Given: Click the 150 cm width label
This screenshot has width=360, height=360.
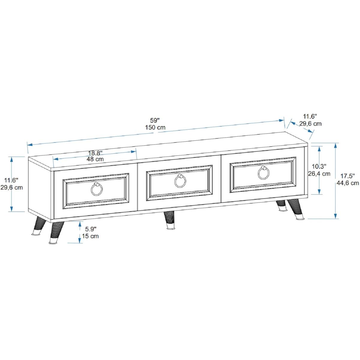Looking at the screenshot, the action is pyautogui.click(x=155, y=127).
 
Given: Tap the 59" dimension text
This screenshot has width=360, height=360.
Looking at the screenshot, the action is pyautogui.click(x=155, y=120).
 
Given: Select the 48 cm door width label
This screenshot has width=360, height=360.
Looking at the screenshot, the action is pyautogui.click(x=95, y=159).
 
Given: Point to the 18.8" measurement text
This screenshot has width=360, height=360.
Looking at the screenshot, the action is pyautogui.click(x=95, y=153).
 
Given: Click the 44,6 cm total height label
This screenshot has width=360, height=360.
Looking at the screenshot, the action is pyautogui.click(x=348, y=183).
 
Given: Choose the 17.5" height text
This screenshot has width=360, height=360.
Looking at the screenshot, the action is pyautogui.click(x=347, y=176).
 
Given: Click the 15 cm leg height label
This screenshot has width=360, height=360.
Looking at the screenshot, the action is pyautogui.click(x=90, y=236).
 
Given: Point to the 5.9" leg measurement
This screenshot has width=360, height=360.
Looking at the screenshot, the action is pyautogui.click(x=91, y=229).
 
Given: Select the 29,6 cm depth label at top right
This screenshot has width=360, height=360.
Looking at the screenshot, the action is pyautogui.click(x=310, y=124).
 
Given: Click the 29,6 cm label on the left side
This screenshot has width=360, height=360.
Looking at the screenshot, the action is pyautogui.click(x=12, y=187).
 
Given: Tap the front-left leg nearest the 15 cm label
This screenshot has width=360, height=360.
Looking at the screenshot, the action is pyautogui.click(x=55, y=232).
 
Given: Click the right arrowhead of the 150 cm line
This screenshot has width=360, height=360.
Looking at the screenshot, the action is pyautogui.click(x=281, y=120).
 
